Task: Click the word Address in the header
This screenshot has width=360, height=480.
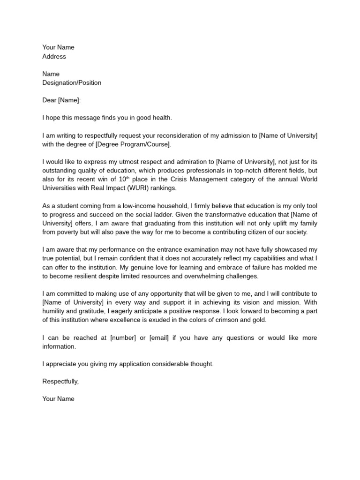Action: click(x=54, y=57)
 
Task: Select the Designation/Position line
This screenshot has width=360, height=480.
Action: click(x=72, y=83)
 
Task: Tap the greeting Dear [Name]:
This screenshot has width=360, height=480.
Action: click(x=61, y=100)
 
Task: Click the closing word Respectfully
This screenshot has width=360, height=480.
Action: click(x=60, y=382)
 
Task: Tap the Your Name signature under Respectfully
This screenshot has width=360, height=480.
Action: click(x=58, y=399)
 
